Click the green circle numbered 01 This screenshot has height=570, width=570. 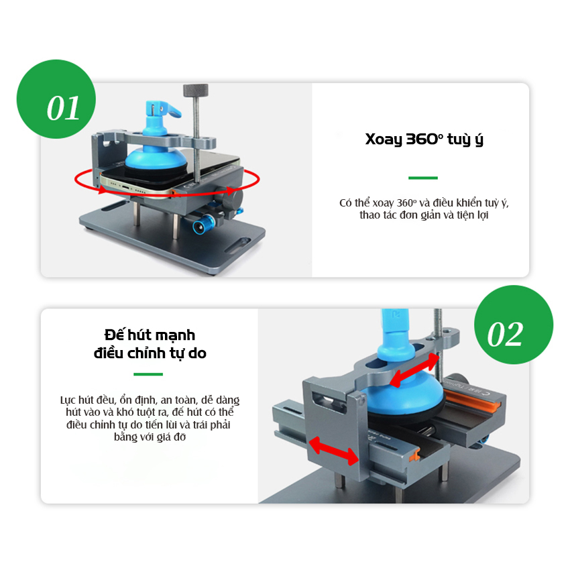56,99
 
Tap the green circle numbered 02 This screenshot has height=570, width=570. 514,325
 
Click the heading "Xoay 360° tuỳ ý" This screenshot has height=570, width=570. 424,139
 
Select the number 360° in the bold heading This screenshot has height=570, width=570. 424,139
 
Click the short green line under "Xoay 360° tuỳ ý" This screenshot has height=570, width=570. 422,178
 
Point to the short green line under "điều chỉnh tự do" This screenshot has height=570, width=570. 148,374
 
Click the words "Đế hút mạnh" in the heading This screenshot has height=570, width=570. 150,335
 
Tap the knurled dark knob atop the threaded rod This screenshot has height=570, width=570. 196,90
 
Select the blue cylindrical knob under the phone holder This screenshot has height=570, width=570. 204,223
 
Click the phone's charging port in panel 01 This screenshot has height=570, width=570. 126,187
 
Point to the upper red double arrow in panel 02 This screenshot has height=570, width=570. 414,369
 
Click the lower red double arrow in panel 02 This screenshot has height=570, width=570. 333,451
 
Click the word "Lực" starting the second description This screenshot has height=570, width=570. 68,400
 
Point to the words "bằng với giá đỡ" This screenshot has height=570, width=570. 150,437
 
